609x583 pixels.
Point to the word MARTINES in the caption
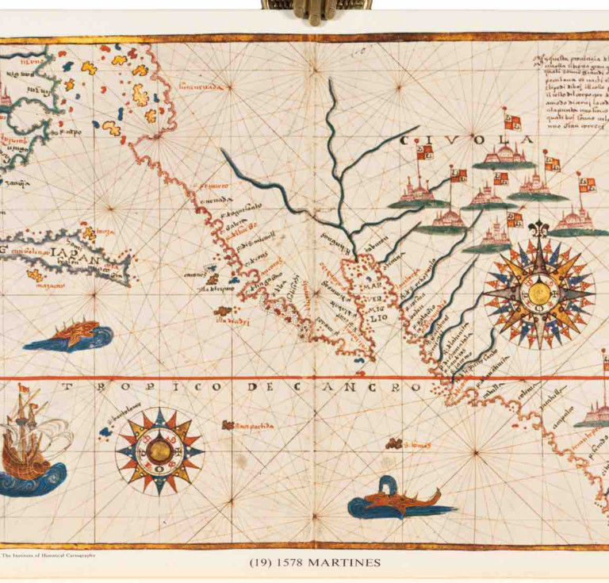[x=346, y=563]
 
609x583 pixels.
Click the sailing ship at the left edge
[x=30, y=444]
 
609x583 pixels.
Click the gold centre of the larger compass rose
[x=539, y=293]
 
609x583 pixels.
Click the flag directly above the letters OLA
[x=511, y=121]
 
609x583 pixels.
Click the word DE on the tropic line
[x=257, y=387]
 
